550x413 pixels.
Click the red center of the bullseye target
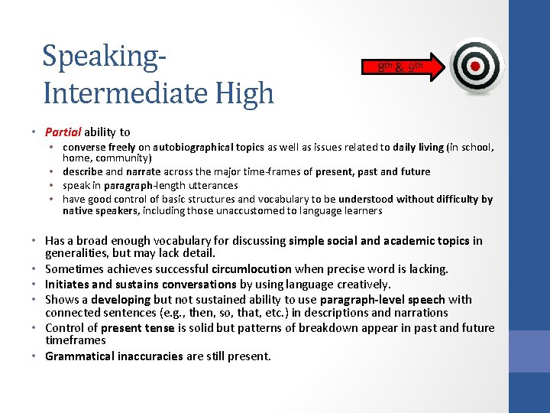coord(475,66)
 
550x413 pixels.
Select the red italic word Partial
coord(63,132)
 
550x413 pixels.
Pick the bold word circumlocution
coord(252,268)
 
